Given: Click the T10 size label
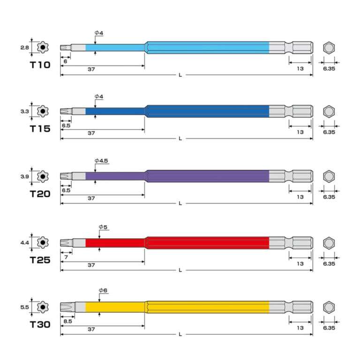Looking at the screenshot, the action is coord(40,65).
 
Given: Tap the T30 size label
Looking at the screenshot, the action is coord(40,324).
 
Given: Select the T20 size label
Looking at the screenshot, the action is coord(40,194).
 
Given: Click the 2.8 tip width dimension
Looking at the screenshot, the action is coord(24,48).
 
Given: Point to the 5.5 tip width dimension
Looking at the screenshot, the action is coord(24,307).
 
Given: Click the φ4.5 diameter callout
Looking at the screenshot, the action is coord(101,161).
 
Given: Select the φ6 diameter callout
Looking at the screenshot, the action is coord(103,290).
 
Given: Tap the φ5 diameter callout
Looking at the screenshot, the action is coord(103,227).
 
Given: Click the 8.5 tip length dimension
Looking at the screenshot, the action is coord(68,321).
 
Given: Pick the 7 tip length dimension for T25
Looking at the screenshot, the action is coord(66,257).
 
